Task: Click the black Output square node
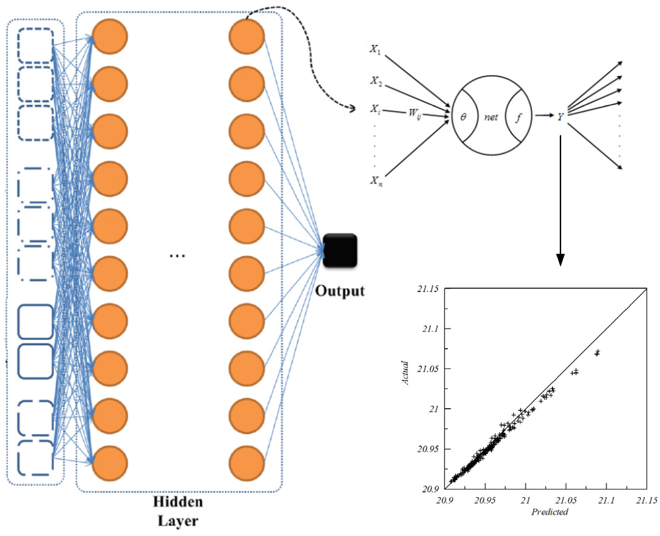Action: pos(340,250)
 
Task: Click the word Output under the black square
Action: pos(340,291)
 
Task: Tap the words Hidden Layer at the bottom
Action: pos(178,511)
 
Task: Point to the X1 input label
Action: pos(375,50)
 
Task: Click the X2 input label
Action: pos(376,81)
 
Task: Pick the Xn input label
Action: pos(376,181)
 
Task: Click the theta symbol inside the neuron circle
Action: pos(463,117)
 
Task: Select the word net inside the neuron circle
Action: pos(491,117)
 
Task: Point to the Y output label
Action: pos(560,117)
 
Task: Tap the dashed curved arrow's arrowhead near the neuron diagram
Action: pos(352,108)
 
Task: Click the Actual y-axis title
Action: pos(405,373)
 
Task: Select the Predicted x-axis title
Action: pos(549,512)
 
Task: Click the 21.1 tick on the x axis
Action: pos(606,500)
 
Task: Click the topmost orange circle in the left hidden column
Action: pos(110,36)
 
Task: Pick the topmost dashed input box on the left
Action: pos(35,46)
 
